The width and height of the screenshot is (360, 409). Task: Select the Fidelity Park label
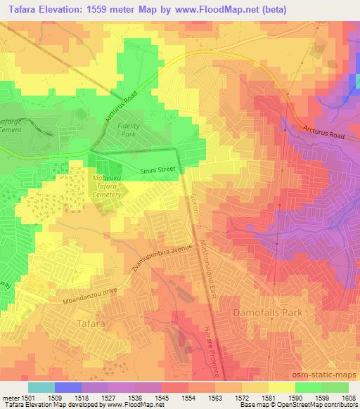point(128,129)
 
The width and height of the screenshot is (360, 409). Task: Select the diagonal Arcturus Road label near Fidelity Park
point(120,108)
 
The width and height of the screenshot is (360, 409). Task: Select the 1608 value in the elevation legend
point(348,398)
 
